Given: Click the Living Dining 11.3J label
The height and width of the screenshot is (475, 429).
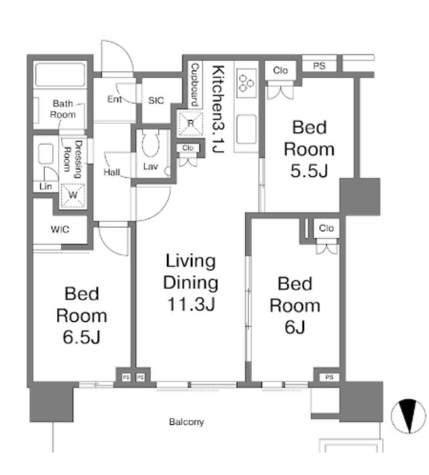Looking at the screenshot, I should pos(191,283).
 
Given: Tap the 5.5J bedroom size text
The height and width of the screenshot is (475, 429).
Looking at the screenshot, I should pos(309,170).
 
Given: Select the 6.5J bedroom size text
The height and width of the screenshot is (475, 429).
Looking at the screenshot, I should pos(81,336).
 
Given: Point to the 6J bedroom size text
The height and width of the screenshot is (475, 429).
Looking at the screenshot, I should pos(295,327).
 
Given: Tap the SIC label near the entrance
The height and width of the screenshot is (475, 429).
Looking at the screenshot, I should pos(156,100).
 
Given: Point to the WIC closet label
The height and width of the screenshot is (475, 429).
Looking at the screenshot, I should pos(59,229).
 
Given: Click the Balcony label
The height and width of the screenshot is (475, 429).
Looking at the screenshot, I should pos(186,422).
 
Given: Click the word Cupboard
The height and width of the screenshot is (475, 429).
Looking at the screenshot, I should pos(195,85).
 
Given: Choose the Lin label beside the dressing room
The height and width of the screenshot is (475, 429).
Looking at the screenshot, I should pos(45,186).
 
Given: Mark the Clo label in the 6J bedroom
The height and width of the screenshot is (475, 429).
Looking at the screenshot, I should pos(327,228).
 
